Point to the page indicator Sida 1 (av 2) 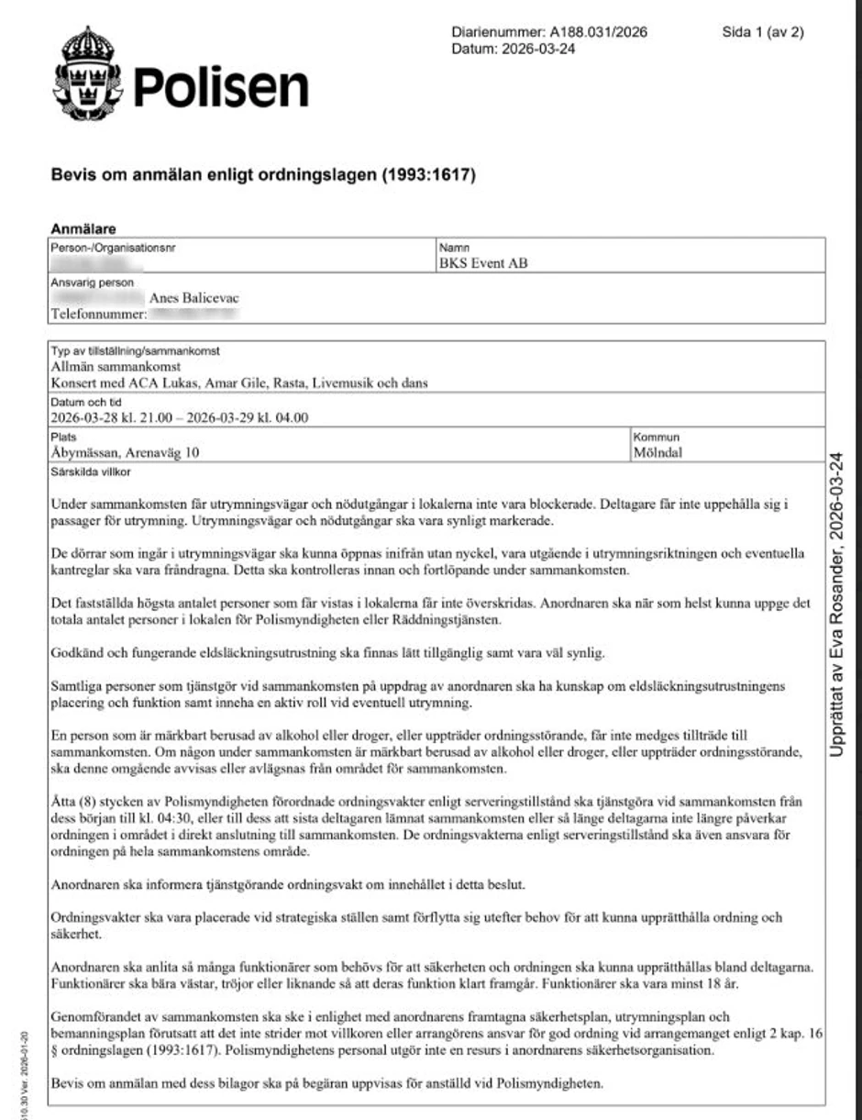tap(762, 32)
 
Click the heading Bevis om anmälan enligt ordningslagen tap(264, 175)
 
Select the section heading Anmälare tap(83, 229)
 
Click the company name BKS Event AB tap(483, 264)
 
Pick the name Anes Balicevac tap(201, 298)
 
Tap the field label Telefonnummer tap(98, 315)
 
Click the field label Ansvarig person tap(92, 283)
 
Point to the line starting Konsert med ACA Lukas tap(239, 383)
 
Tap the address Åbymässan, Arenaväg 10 tap(126, 451)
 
